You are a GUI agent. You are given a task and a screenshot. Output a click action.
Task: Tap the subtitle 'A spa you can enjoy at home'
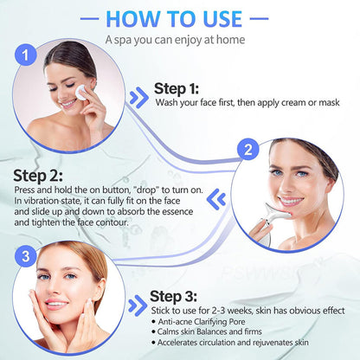179,40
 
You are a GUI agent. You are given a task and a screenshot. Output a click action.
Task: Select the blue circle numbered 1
29,54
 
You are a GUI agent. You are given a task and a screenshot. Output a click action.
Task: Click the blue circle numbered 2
247,150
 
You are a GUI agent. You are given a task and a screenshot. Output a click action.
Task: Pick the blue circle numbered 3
26,256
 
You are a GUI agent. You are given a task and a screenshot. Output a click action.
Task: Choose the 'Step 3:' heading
174,296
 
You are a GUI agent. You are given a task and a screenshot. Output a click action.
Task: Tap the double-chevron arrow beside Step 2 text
219,199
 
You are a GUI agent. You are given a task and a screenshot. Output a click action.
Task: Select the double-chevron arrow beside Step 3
136,305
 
